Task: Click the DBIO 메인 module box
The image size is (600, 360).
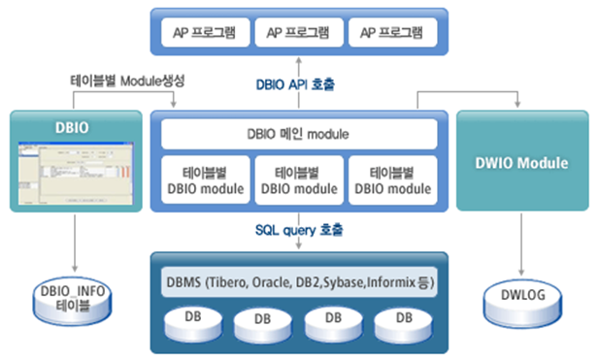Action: (x=299, y=133)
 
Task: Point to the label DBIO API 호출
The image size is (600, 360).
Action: (x=300, y=84)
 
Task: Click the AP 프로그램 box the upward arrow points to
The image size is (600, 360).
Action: (x=299, y=32)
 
